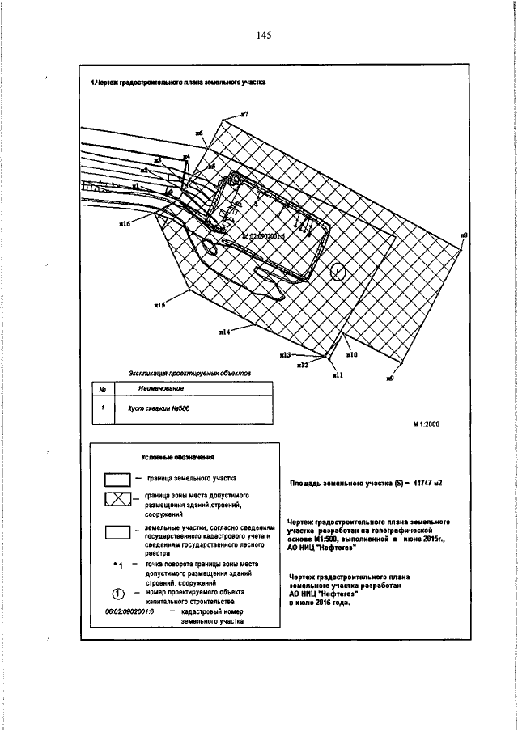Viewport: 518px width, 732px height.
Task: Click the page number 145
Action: (x=261, y=36)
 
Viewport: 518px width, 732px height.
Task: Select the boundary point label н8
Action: (x=464, y=235)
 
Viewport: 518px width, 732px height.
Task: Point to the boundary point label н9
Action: (x=389, y=378)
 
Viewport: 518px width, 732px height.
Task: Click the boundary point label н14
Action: (x=224, y=332)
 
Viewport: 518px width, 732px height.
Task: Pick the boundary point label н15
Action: (x=159, y=306)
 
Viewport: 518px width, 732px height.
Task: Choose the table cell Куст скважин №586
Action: (x=147, y=409)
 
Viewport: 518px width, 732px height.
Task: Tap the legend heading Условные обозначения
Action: (x=172, y=457)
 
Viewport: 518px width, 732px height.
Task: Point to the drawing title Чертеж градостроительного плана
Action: (x=178, y=82)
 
